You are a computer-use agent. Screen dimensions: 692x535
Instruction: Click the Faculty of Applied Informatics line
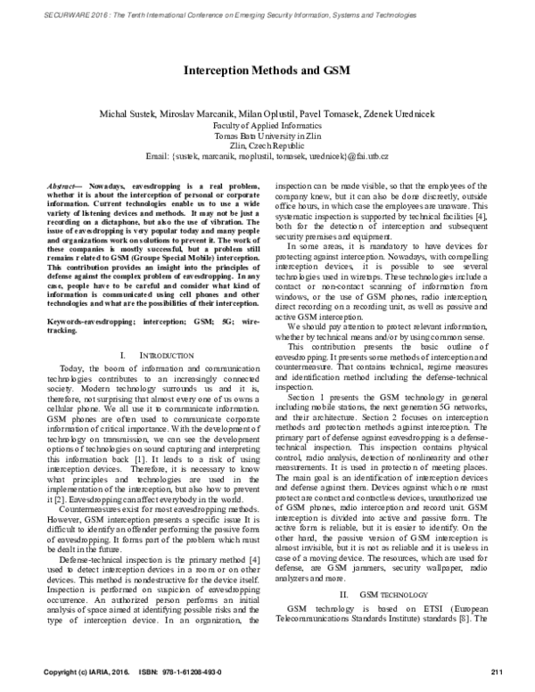pyautogui.click(x=267, y=128)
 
